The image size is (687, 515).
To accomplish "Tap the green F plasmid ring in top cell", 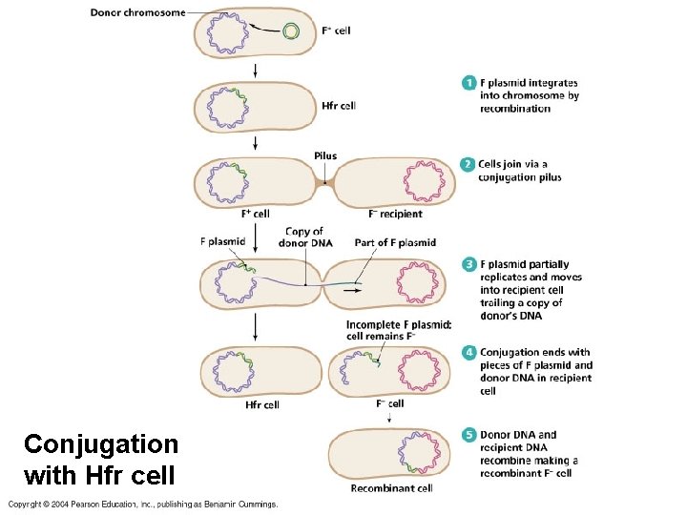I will (x=291, y=32).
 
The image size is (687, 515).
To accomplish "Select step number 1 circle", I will (x=468, y=83).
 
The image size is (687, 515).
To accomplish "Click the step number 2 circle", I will (x=468, y=164).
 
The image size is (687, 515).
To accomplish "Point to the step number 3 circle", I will (x=468, y=264).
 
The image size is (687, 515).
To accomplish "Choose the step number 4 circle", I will (x=468, y=353).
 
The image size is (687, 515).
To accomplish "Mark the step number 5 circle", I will (x=468, y=435).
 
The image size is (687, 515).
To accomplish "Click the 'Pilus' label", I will (x=324, y=156).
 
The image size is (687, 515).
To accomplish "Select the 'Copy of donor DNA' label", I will (x=303, y=237).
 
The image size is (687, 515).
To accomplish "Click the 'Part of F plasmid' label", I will (x=395, y=242).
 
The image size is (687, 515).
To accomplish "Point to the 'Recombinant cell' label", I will (x=391, y=488).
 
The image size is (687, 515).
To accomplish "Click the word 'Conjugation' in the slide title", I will (x=101, y=444).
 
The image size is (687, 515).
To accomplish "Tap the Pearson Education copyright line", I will (x=143, y=504).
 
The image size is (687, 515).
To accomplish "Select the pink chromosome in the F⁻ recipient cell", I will (x=420, y=181).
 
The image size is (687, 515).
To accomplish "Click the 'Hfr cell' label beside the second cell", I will (x=339, y=106).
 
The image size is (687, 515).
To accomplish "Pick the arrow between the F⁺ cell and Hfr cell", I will (x=255, y=71).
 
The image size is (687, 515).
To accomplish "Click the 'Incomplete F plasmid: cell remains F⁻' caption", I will (x=385, y=330).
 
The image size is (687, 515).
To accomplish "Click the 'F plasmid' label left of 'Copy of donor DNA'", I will (x=222, y=242).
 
